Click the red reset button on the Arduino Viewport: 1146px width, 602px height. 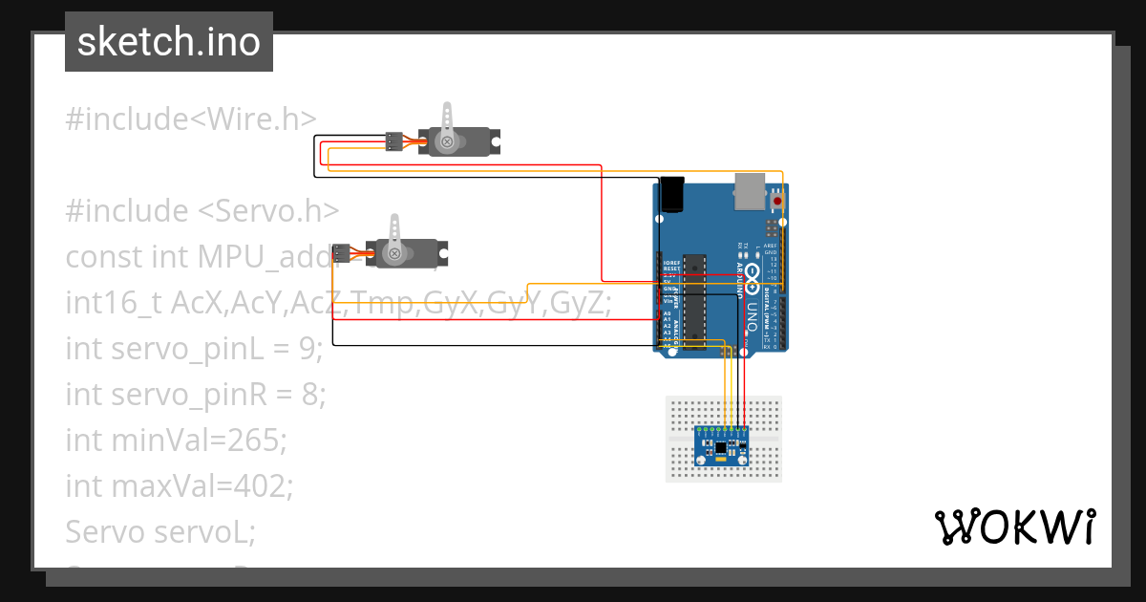777,202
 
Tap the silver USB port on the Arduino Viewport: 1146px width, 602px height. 752,191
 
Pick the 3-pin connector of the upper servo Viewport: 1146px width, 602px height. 393,141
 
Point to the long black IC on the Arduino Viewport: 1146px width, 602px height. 695,302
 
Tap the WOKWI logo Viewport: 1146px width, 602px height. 1013,527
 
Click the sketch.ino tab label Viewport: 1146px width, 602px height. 169,43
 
